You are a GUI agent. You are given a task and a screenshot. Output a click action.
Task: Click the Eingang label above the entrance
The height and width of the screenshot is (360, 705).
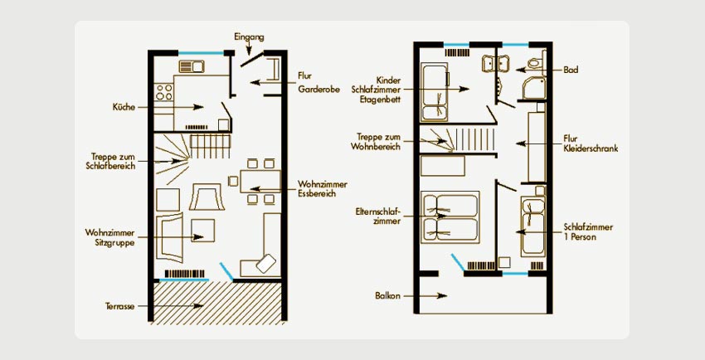click(x=249, y=37)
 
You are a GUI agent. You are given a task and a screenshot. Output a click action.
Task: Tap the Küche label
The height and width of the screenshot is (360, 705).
click(x=124, y=107)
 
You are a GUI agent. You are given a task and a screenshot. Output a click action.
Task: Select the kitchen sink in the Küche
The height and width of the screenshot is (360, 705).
click(x=192, y=66)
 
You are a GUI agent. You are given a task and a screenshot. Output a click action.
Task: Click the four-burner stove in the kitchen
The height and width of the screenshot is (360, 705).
click(x=163, y=92)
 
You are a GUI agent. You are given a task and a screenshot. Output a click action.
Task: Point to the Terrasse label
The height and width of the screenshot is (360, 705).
click(x=120, y=306)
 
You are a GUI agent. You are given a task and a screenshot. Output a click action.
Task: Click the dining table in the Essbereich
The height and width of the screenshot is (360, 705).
click(x=260, y=181)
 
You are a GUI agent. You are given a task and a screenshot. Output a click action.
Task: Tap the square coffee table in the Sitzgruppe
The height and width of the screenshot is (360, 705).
click(x=202, y=230)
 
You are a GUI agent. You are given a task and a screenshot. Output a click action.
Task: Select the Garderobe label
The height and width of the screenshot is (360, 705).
click(x=318, y=89)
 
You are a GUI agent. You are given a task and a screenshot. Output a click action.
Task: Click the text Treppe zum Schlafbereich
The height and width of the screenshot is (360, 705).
click(x=110, y=162)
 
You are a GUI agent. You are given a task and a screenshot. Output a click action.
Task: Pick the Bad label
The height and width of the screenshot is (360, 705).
click(x=571, y=70)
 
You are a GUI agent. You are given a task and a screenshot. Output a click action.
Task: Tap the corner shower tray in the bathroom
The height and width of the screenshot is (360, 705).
click(x=534, y=88)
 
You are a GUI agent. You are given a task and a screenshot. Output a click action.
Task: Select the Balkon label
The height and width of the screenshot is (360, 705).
click(x=387, y=296)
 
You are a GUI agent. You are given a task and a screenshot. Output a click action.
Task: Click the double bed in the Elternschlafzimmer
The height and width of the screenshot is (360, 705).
click(x=450, y=217)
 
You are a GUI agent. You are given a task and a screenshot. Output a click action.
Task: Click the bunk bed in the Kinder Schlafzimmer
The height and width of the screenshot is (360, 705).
click(x=435, y=92)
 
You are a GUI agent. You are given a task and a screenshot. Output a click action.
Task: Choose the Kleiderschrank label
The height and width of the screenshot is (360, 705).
click(x=591, y=148)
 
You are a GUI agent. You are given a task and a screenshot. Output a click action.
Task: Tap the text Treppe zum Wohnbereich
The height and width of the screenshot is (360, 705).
click(x=376, y=142)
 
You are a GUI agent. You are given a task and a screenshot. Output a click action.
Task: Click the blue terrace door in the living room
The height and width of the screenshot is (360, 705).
click(x=226, y=272)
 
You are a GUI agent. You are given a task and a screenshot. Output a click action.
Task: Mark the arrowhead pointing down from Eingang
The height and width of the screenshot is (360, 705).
click(x=248, y=52)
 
